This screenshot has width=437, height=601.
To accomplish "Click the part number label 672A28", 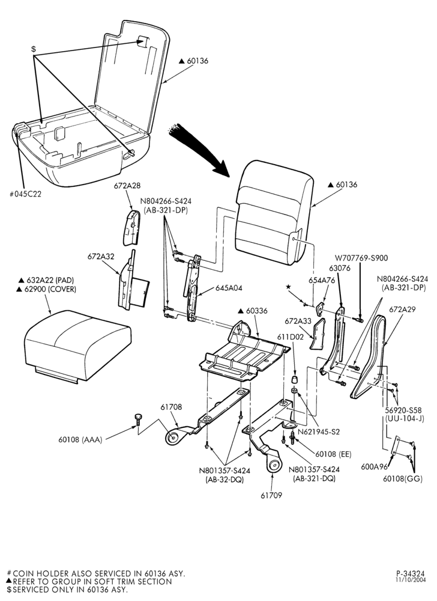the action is [127, 186].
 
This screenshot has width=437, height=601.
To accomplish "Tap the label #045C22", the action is [25, 194].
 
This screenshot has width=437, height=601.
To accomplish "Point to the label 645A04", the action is [229, 287].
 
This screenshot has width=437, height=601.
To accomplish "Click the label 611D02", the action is [291, 338].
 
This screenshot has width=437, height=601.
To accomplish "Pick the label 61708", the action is [171, 407].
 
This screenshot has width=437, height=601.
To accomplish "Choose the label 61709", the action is [271, 495].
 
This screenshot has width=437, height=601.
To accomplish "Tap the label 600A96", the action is [374, 467].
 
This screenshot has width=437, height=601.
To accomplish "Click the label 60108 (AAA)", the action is [80, 440].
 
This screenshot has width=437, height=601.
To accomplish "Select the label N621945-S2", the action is [319, 432].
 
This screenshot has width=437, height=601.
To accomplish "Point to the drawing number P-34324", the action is [411, 574].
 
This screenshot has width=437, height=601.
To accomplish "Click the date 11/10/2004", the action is [411, 580].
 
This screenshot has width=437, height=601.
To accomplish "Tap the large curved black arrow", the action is [199, 150].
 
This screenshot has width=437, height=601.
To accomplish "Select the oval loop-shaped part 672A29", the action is [368, 356].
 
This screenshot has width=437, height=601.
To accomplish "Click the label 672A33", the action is [298, 321].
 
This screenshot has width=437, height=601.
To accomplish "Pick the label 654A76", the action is [322, 280].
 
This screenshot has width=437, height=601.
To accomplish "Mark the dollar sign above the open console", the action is [34, 49].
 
